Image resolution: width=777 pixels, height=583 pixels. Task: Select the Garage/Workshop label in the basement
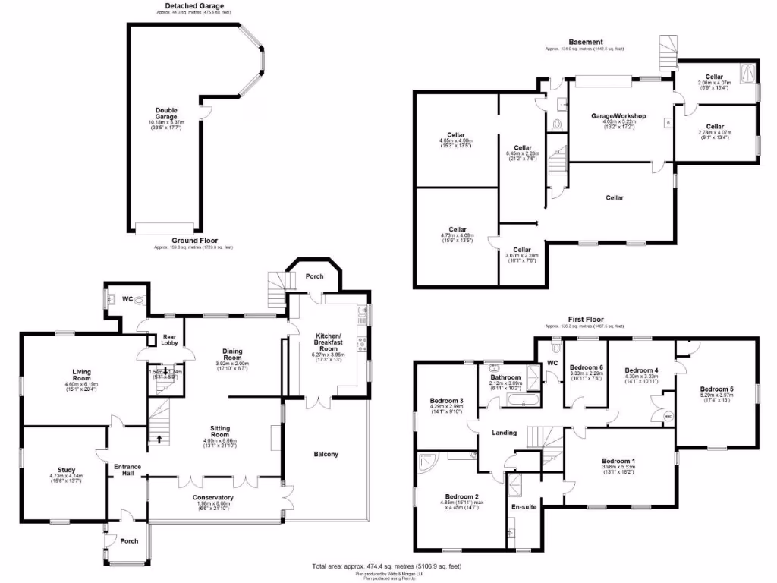tap(618, 116)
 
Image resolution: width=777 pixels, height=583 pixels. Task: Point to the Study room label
tap(66, 469)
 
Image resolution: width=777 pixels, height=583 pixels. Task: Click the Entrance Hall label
tap(123, 470)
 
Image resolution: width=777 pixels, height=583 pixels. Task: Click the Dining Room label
tap(231, 355)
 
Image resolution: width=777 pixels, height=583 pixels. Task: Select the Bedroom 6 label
tap(586, 365)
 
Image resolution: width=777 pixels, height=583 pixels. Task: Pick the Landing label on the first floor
tap(504, 433)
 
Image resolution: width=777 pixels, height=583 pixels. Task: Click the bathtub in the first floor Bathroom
tap(521, 402)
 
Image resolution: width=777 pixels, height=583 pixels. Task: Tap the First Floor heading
tap(585, 320)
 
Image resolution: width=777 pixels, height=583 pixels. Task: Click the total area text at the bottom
tap(387, 566)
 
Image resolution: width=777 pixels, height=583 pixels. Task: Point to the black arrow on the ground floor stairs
tap(159, 438)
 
